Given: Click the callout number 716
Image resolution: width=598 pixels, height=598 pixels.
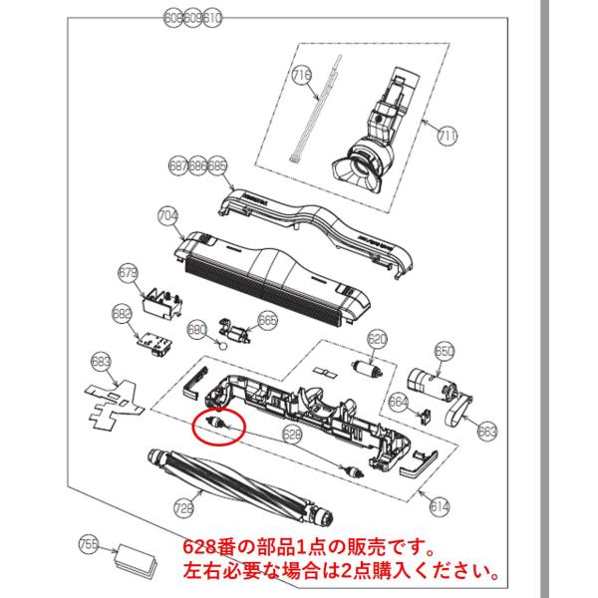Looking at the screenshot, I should (x=302, y=73).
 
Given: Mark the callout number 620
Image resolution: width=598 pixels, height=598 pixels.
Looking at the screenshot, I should (x=376, y=339).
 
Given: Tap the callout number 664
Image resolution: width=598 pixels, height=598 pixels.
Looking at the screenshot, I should (x=399, y=402).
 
